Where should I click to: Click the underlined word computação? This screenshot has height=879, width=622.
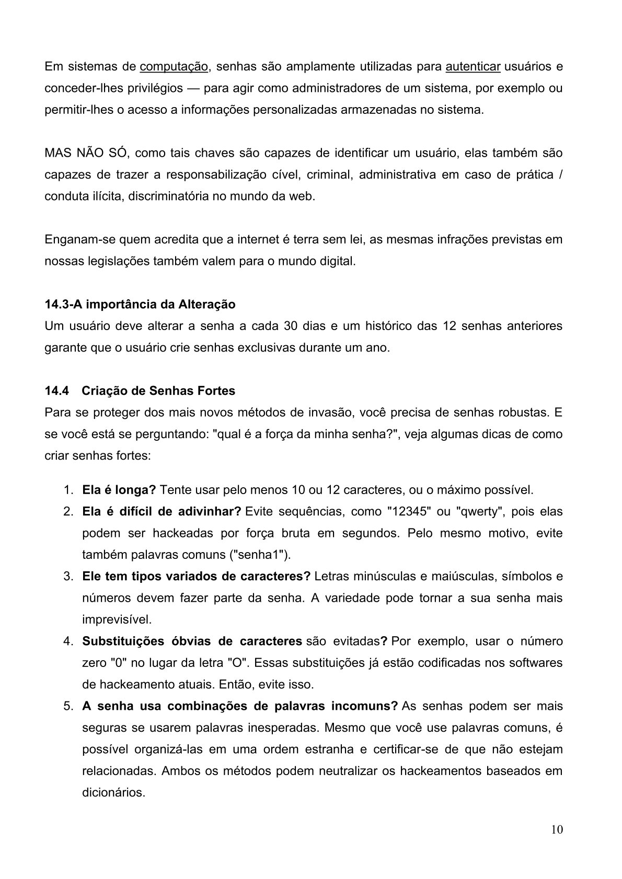pos(175,67)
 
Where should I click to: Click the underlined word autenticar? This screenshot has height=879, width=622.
pos(473,67)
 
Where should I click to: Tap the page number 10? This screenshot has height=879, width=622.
pos(557,830)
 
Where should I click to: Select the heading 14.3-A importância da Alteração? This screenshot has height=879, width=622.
pos(140,304)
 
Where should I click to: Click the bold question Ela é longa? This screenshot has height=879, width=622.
pos(119,490)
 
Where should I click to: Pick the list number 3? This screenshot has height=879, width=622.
pos(68,577)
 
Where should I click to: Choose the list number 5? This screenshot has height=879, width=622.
pos(68,706)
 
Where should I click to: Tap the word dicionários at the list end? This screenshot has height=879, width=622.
pos(113,792)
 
